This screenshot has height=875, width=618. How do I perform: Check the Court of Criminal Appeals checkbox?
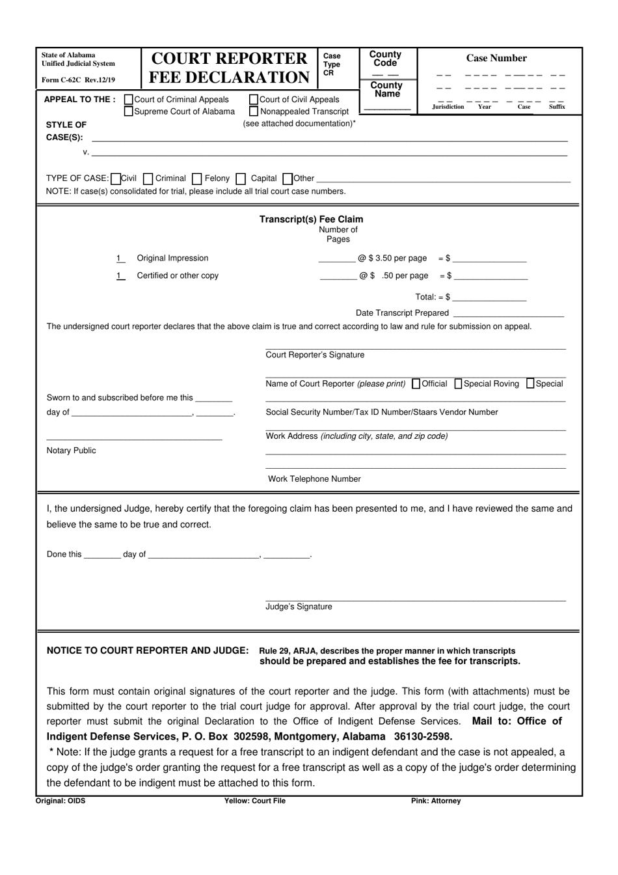coord(129,100)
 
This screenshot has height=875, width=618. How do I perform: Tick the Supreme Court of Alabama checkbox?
coord(129,111)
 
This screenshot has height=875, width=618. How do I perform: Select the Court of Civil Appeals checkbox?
coord(254,100)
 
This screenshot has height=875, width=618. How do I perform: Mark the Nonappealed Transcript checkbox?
coord(254,111)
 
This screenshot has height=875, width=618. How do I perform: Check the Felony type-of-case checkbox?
coord(197,178)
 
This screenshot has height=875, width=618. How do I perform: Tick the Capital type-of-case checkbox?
coord(241,178)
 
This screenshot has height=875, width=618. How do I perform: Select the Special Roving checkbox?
coord(458,383)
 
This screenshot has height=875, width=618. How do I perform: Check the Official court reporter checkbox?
coord(416,383)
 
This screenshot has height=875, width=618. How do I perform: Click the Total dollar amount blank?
coord(489,297)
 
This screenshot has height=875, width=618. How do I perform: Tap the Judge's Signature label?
coord(299,607)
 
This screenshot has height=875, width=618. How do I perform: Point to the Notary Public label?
coord(71,451)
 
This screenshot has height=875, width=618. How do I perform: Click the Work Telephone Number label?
coord(314,479)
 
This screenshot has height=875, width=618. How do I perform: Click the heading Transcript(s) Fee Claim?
coord(311,219)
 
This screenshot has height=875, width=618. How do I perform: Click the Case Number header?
coord(496,58)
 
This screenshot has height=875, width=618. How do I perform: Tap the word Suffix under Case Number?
coord(557,107)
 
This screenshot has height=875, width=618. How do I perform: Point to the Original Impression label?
coord(172,258)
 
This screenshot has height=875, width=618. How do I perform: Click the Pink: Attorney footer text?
coord(435,801)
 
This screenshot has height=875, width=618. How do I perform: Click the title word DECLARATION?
coord(229,77)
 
